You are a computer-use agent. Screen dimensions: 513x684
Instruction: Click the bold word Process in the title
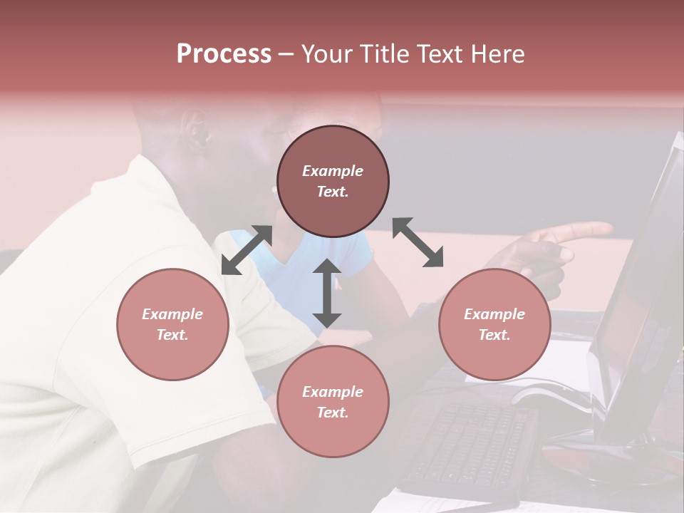pyautogui.click(x=224, y=54)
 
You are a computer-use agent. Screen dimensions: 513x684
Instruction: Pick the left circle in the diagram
pyautogui.click(x=172, y=324)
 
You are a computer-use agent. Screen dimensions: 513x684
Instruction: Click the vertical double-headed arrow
pyautogui.click(x=327, y=293)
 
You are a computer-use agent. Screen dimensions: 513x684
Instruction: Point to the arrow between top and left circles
pyautogui.click(x=247, y=249)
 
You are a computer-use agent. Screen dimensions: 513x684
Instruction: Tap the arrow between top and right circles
pyautogui.click(x=418, y=242)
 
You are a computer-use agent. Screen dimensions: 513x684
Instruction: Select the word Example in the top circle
pyautogui.click(x=333, y=171)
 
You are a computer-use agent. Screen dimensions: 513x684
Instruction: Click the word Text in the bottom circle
pyautogui.click(x=331, y=413)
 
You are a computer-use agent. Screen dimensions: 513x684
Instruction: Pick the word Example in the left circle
pyautogui.click(x=172, y=314)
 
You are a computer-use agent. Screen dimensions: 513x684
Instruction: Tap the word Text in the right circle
pyautogui.click(x=493, y=335)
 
